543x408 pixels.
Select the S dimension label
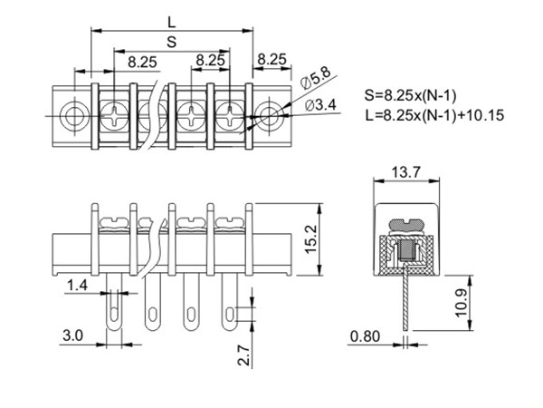[x=172, y=42]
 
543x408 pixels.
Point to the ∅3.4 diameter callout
[x=321, y=106]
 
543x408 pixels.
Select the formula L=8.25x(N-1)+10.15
[x=434, y=115]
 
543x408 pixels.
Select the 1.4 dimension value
[x=77, y=286]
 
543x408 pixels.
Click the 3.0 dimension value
[x=72, y=335]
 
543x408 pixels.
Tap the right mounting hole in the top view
[x=269, y=115]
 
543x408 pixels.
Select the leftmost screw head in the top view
[x=115, y=115]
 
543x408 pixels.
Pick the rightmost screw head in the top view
[x=231, y=115]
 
